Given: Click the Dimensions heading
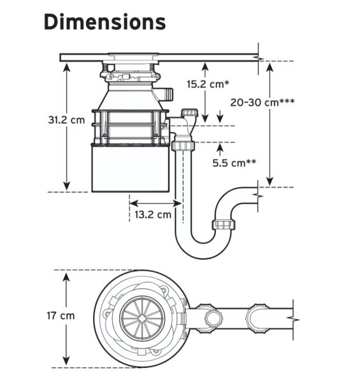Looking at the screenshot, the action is click(x=104, y=22).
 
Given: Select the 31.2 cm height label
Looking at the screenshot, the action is click(x=66, y=120).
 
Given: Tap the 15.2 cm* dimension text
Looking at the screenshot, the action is click(x=208, y=84).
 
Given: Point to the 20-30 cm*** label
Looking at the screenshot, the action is click(x=263, y=103).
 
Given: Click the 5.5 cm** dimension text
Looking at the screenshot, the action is click(x=234, y=163).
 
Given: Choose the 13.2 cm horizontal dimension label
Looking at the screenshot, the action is click(x=153, y=215).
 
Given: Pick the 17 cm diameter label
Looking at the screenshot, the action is click(x=61, y=316).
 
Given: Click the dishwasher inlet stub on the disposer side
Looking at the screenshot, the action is click(x=166, y=94).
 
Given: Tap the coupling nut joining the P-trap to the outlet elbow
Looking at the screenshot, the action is click(x=224, y=225).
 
